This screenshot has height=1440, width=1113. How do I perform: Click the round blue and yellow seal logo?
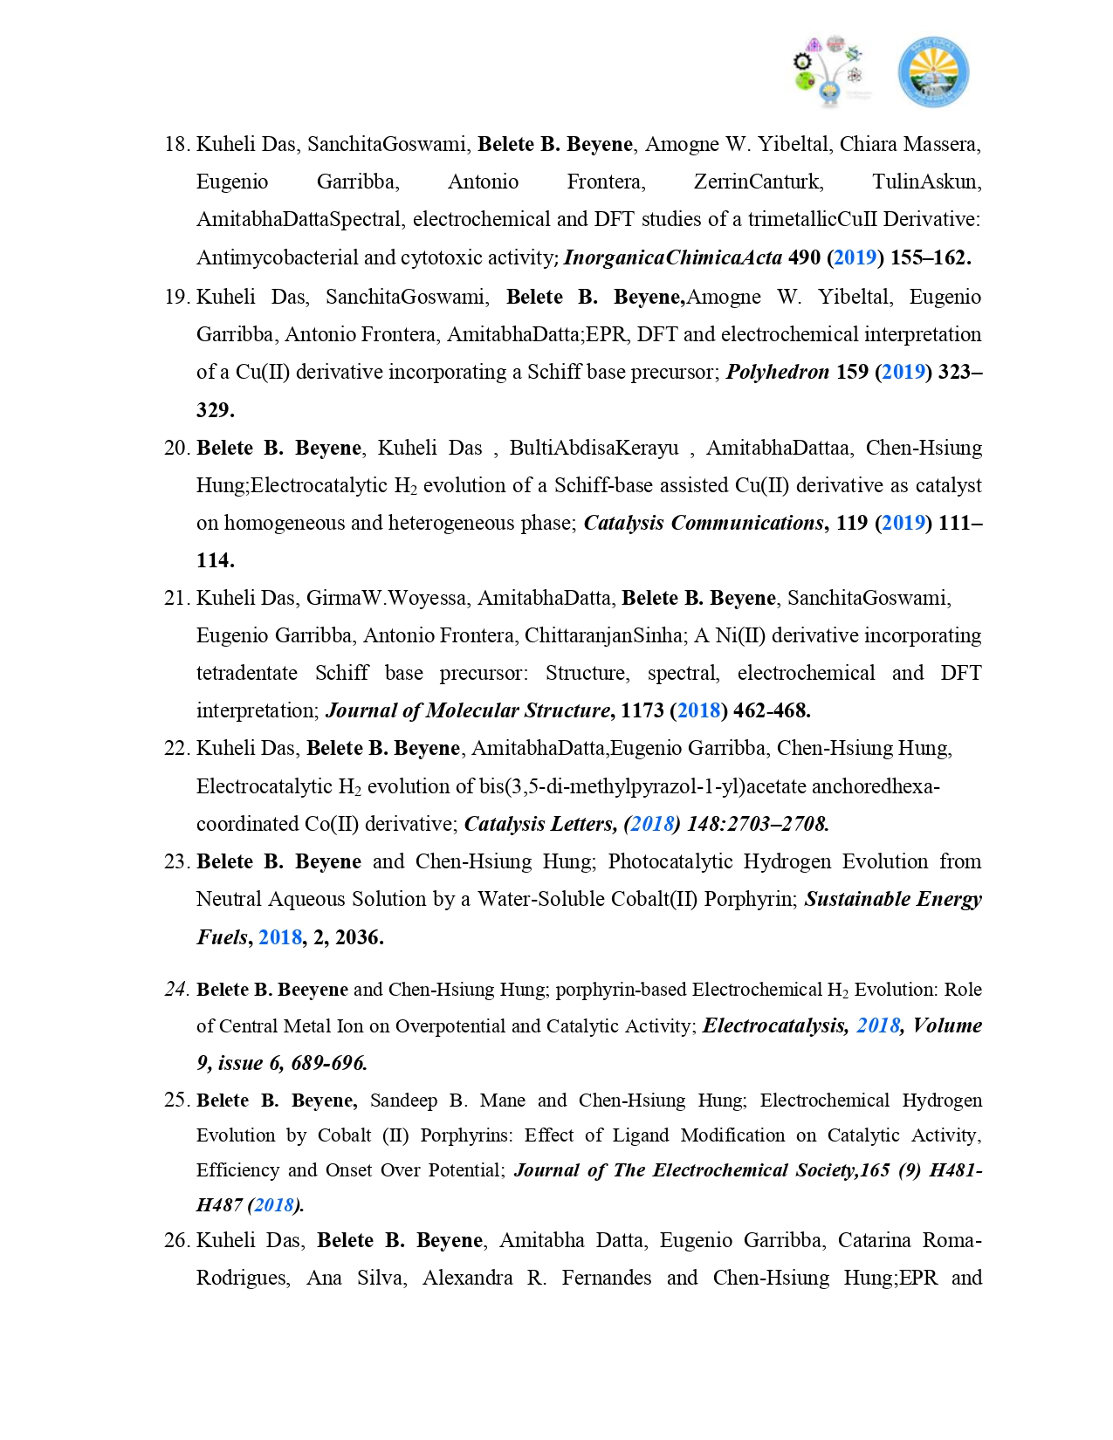pos(933,72)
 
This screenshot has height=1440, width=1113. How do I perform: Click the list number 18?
pos(176,144)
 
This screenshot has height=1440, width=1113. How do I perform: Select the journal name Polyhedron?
pos(778,373)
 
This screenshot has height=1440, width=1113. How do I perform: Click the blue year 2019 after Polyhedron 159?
pos(903,373)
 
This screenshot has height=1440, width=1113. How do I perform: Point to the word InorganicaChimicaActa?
pos(673,258)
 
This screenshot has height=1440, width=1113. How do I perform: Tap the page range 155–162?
pos(931,258)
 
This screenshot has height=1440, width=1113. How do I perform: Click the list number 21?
pos(176,599)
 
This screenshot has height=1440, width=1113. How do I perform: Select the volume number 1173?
pos(642,711)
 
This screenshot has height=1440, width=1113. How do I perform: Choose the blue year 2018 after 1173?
pos(699,711)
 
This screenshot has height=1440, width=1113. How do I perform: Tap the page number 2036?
pos(360,938)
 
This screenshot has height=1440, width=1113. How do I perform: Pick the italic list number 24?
pos(176,990)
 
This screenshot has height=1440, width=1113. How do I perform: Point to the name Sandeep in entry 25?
pos(403,1101)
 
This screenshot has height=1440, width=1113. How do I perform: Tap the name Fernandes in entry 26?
pos(606,1279)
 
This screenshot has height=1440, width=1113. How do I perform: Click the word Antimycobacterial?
pos(277,258)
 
